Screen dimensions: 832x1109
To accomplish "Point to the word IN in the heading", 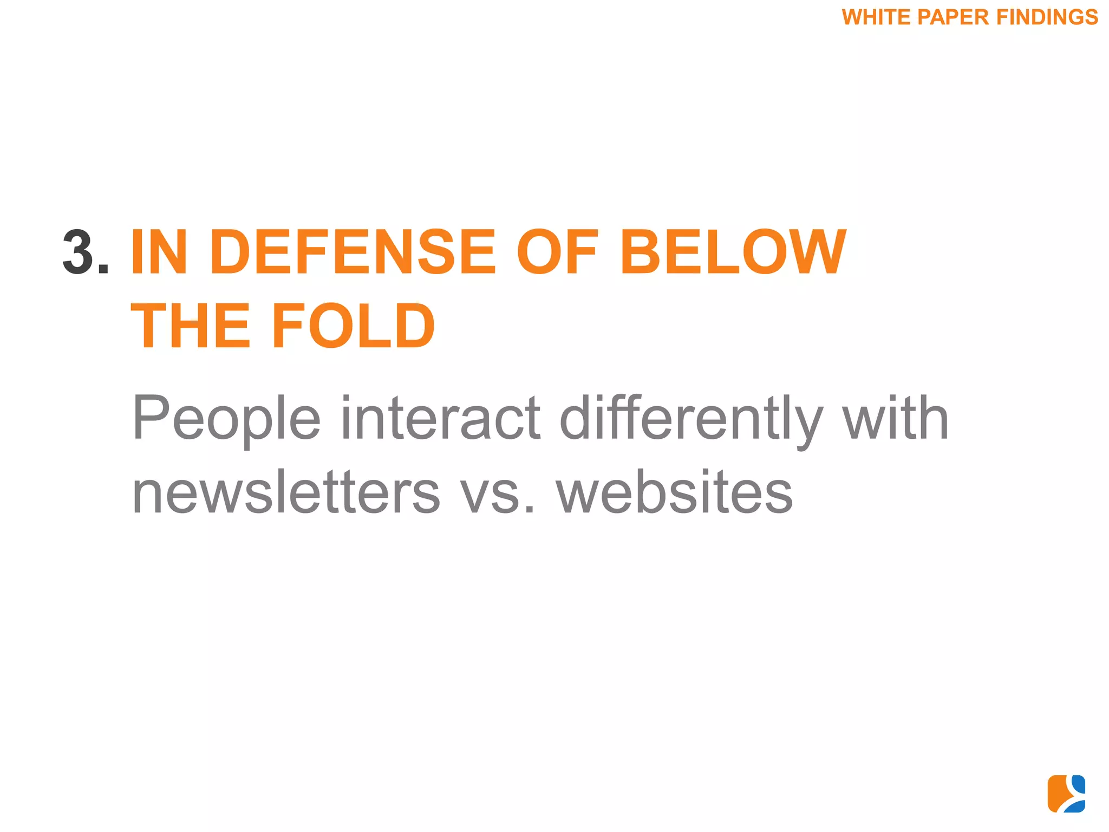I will point(159,252).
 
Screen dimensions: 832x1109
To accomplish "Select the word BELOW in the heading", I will point(733,252).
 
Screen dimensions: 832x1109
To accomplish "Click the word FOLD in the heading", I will point(353,326).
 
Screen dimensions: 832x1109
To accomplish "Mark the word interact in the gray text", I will point(440,418).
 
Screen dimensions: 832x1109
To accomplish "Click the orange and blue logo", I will point(1066,794).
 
